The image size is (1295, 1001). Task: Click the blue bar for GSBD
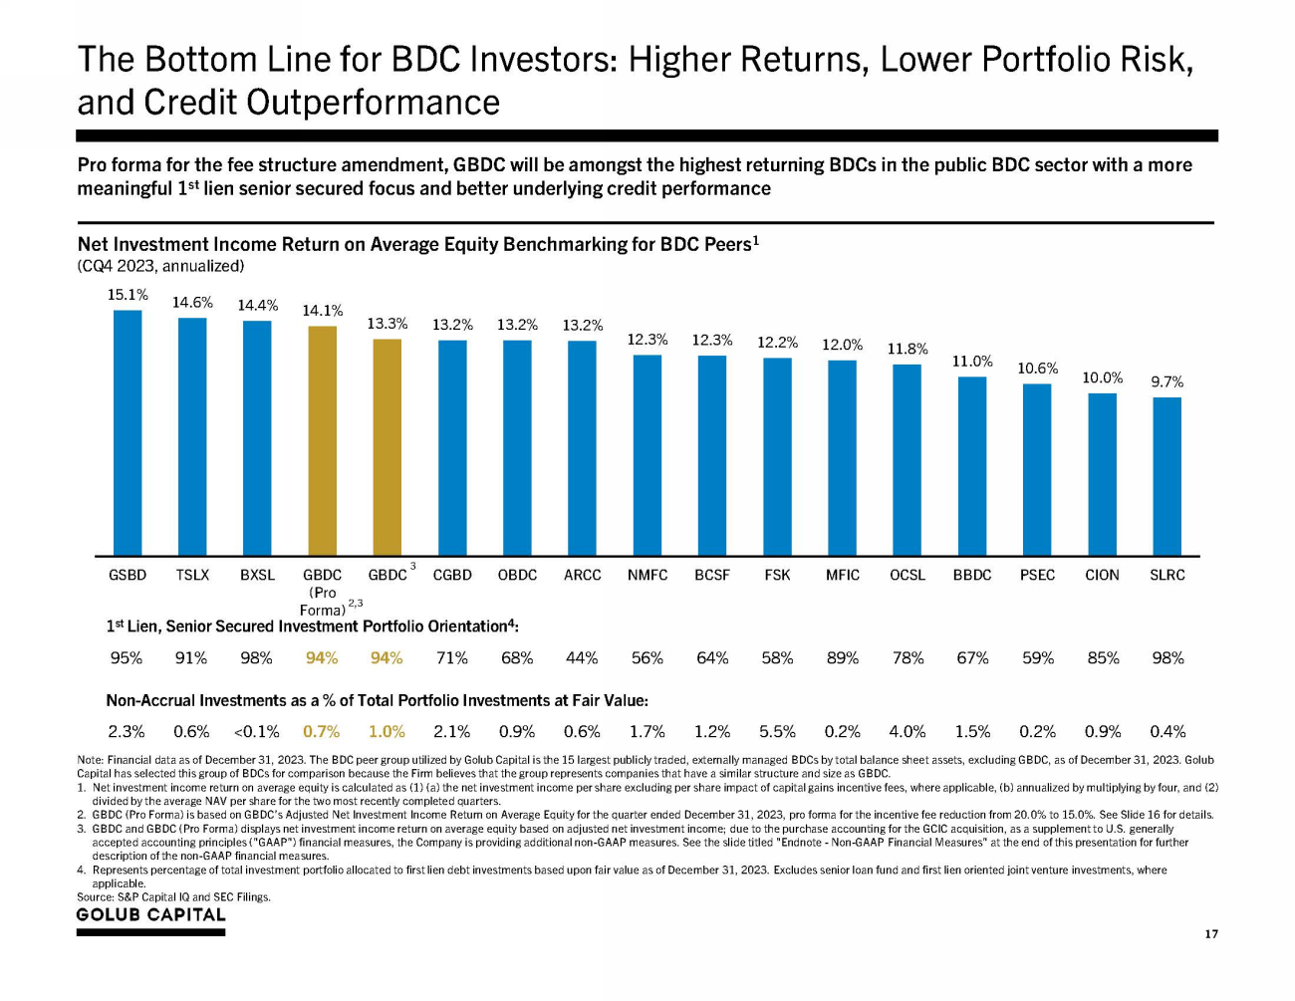point(128,433)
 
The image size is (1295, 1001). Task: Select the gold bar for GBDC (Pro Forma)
point(322,441)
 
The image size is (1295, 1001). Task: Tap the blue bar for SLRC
point(1166,476)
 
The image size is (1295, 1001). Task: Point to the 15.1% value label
point(128,295)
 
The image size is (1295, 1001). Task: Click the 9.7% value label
point(1166,381)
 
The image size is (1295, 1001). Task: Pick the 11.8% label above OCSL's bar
point(907,349)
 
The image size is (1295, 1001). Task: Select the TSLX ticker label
point(192,575)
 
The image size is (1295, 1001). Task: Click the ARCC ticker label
point(582,575)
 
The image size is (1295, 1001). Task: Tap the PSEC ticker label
point(1037,575)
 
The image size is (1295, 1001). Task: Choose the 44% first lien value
point(582,658)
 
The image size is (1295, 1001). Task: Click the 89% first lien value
point(843,658)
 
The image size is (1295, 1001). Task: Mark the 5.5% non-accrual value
point(777,732)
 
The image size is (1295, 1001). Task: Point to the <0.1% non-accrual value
point(256,732)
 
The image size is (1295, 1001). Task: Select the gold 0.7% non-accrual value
point(322,732)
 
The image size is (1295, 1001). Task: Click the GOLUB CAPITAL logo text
point(151,914)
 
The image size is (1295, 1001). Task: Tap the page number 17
point(1211,934)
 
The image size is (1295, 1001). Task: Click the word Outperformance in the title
point(373,103)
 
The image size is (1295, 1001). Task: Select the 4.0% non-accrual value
point(907,732)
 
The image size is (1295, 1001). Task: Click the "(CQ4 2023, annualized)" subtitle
point(160,266)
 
